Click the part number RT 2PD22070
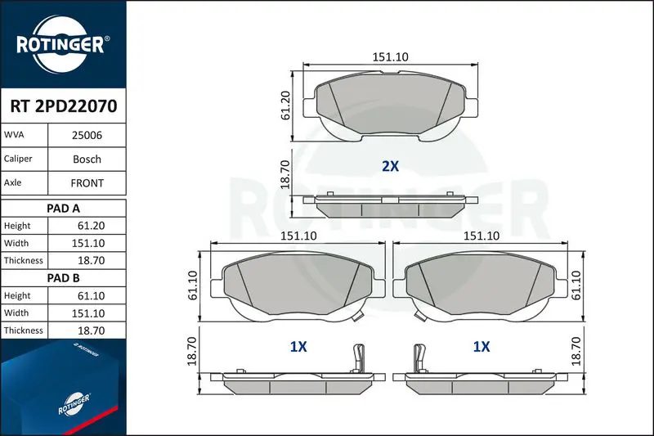pyautogui.click(x=64, y=106)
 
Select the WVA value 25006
pyautogui.click(x=87, y=135)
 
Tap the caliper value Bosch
pyautogui.click(x=87, y=159)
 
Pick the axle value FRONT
pyautogui.click(x=87, y=182)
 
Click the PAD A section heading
pyautogui.click(x=63, y=209)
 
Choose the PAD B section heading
pyautogui.click(x=63, y=278)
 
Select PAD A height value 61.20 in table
pyautogui.click(x=91, y=226)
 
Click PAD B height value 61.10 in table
pyautogui.click(x=91, y=296)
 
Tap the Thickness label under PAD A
pyautogui.click(x=24, y=260)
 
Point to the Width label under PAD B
pyautogui.click(x=16, y=313)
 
